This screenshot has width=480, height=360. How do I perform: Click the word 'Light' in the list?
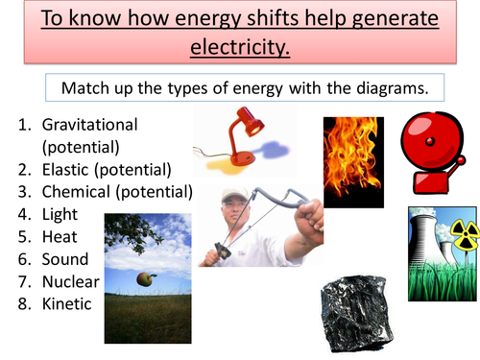point(60,215)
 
